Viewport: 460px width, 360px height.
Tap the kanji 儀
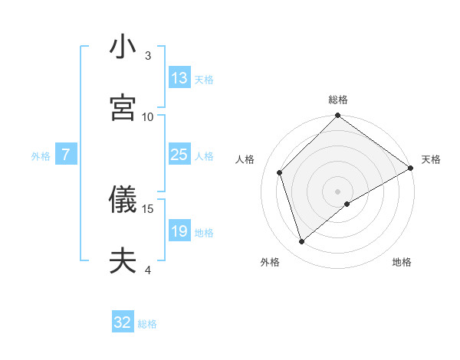point(122,200)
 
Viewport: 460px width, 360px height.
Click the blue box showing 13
point(179,78)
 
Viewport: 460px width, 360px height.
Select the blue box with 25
point(179,155)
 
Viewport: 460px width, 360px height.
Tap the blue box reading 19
point(179,231)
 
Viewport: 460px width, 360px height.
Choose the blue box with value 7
point(66,155)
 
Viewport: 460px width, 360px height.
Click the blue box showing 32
point(123,322)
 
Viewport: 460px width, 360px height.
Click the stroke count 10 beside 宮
point(148,116)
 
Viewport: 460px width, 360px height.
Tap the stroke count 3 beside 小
point(148,55)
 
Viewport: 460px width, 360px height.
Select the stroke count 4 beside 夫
point(148,270)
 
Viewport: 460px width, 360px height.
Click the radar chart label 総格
point(338,100)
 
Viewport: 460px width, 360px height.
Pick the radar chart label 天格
point(431,160)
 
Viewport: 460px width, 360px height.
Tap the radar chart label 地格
point(402,262)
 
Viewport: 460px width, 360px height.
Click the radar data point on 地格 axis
point(347,204)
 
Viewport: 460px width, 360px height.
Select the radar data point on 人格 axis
point(280,172)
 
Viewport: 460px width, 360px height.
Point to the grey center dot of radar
point(338,191)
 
